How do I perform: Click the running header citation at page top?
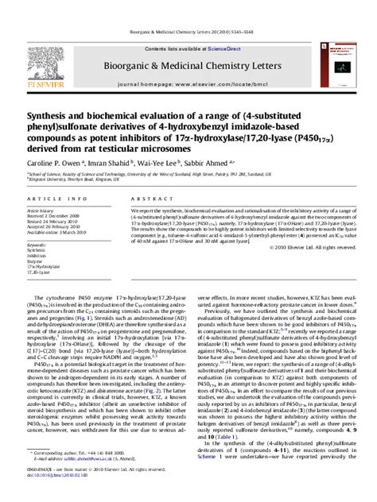188,6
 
